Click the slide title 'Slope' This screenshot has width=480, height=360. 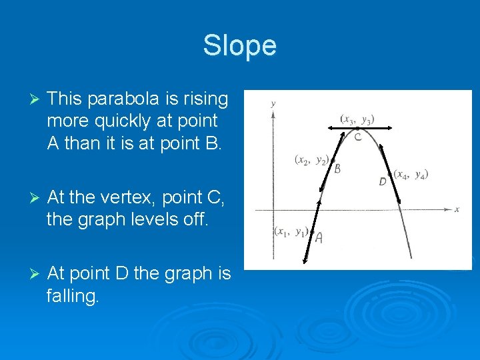[239, 45]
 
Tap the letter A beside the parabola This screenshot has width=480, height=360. [319, 238]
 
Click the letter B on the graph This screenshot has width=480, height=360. [337, 169]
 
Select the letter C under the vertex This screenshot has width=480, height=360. [358, 137]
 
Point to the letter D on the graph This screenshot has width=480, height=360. [382, 181]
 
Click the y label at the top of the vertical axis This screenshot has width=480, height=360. [273, 104]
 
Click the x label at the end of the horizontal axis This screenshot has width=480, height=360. [457, 209]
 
